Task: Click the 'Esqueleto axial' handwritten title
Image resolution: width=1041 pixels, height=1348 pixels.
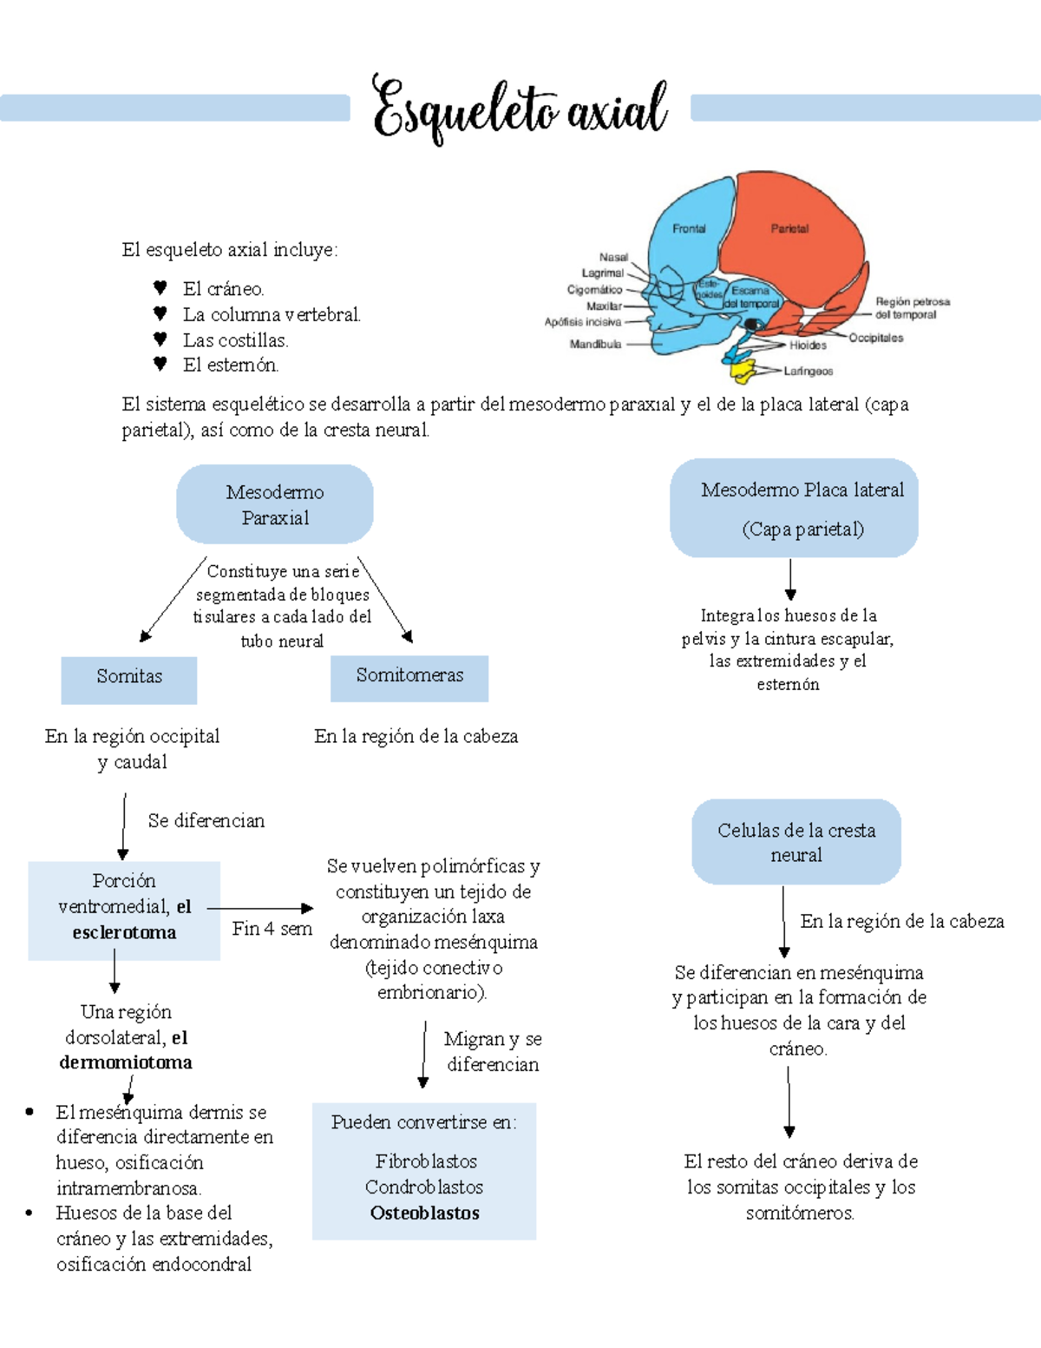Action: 520,110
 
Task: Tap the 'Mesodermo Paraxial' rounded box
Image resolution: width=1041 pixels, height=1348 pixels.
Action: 275,504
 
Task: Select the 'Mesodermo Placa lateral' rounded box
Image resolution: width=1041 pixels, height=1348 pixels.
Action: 794,508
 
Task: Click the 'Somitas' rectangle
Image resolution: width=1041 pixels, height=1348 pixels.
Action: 129,680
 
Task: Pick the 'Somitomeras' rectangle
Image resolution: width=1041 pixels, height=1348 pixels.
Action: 409,678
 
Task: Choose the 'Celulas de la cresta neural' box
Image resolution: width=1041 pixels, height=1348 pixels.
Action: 796,842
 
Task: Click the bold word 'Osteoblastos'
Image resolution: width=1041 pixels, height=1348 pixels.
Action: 425,1213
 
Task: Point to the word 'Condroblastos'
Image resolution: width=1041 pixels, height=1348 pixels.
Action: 424,1187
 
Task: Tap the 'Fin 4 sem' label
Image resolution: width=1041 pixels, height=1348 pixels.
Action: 272,929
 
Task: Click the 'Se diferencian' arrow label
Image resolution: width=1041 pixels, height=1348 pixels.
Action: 206,821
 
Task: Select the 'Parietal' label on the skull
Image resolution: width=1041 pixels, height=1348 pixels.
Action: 789,229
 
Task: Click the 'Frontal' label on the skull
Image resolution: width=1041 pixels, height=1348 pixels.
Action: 689,229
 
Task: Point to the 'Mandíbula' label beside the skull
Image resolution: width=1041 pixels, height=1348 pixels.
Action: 595,345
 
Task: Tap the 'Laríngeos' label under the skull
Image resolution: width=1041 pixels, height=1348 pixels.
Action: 808,371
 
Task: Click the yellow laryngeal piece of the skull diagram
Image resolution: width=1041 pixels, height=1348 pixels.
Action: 743,370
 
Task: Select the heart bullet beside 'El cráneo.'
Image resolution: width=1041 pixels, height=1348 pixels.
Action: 160,288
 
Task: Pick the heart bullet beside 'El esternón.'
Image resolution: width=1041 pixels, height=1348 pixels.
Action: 160,365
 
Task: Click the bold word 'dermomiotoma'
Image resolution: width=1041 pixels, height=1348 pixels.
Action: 126,1062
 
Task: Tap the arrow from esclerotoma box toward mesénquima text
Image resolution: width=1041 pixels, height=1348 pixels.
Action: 259,908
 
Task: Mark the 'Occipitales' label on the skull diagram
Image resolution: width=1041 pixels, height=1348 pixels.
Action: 875,339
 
